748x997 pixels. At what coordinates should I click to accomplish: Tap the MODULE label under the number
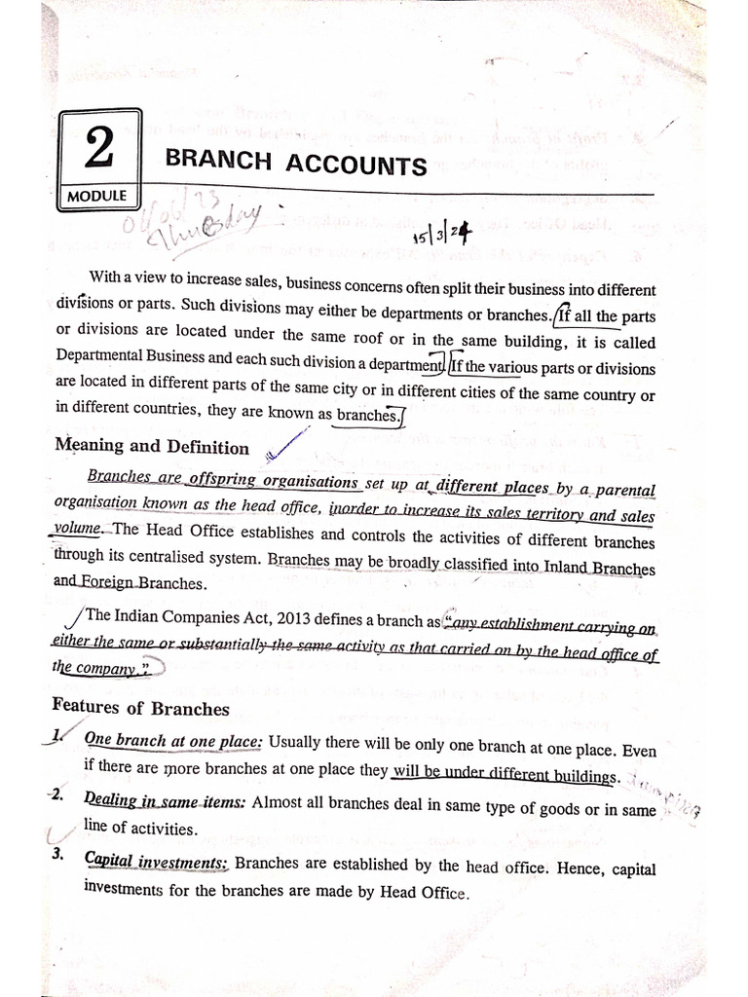pyautogui.click(x=97, y=196)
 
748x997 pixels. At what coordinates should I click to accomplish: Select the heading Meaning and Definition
pyautogui.click(x=151, y=447)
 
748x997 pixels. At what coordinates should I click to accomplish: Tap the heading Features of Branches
pyautogui.click(x=140, y=708)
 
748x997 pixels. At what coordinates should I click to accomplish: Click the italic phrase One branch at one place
pyautogui.click(x=173, y=741)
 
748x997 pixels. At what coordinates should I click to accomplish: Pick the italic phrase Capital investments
pyautogui.click(x=156, y=863)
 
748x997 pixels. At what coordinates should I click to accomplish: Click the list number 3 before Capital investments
pyautogui.click(x=58, y=855)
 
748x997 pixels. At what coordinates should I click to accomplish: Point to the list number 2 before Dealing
pyautogui.click(x=56, y=795)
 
